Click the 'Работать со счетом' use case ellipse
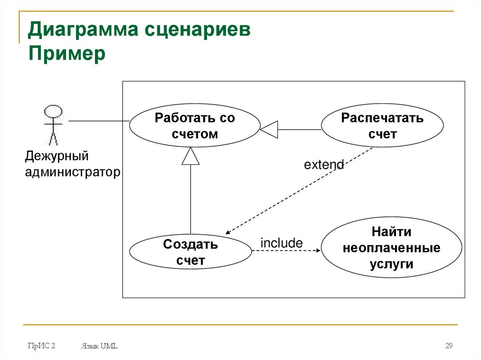(x=194, y=125)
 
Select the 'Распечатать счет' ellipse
(x=382, y=126)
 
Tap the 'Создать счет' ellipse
(x=190, y=252)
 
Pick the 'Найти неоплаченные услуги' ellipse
(x=391, y=248)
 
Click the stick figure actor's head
(x=53, y=112)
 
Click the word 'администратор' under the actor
(x=73, y=172)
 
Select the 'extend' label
(x=324, y=165)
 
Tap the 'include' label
(x=281, y=243)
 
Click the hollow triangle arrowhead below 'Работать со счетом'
(x=190, y=156)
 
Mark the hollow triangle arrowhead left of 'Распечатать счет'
(x=269, y=129)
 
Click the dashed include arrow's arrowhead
(x=317, y=251)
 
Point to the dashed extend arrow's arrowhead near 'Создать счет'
(x=228, y=232)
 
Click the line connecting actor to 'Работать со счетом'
(x=99, y=121)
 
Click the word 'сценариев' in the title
(x=197, y=31)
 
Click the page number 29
(x=449, y=346)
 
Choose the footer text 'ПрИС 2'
(x=42, y=346)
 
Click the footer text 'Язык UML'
(x=99, y=346)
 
